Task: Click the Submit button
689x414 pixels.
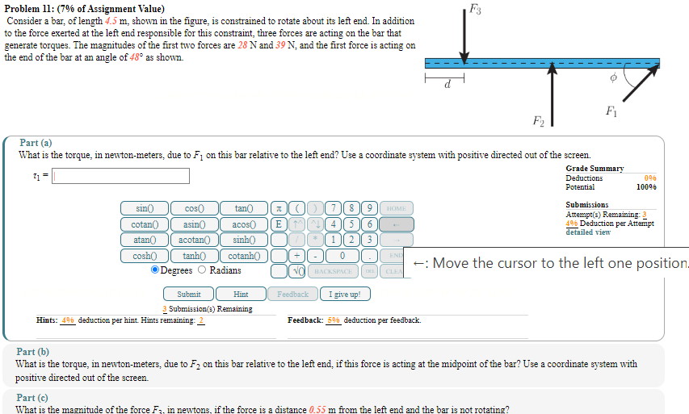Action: pos(188,295)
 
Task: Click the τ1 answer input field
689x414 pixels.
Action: pos(121,176)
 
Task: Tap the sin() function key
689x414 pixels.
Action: pos(144,208)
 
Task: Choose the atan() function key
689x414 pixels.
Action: pos(144,240)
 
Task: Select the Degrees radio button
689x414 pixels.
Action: pos(155,270)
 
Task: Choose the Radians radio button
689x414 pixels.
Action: pos(203,270)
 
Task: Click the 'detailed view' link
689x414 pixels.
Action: pos(589,232)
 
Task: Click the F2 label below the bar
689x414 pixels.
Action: pos(539,122)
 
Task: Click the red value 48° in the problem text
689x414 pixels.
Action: pos(137,57)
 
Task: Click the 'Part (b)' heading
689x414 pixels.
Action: pos(32,352)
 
